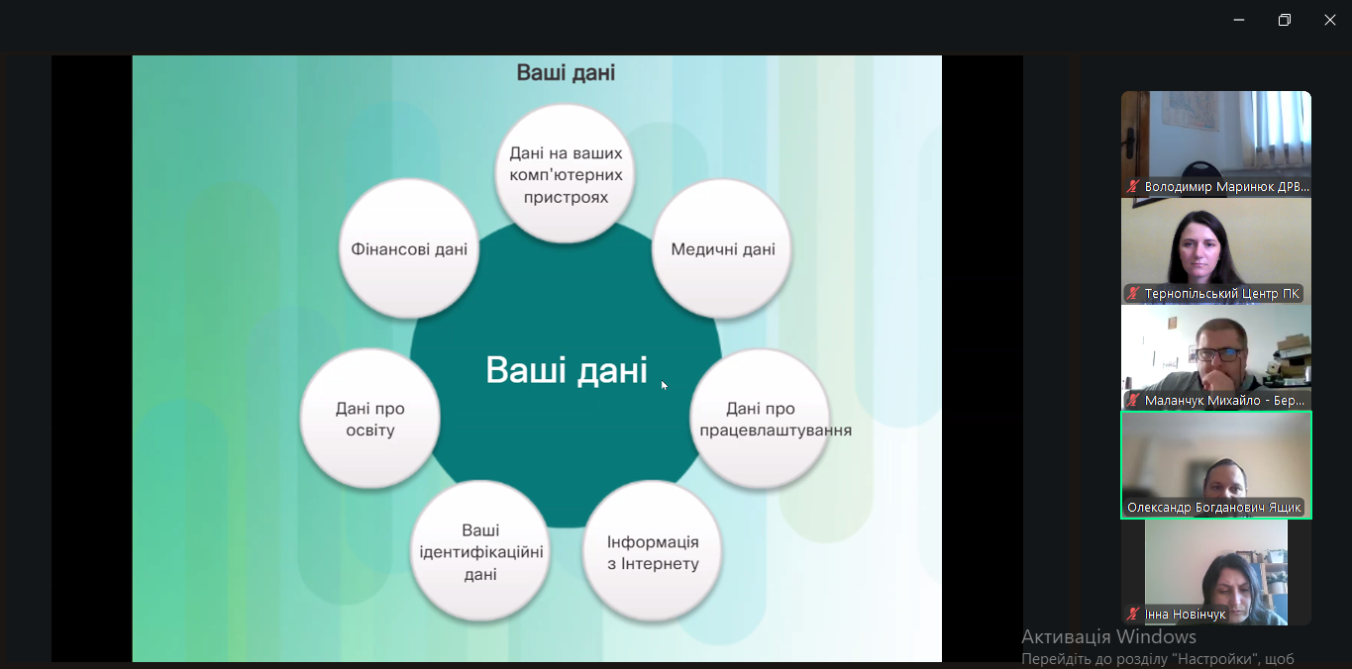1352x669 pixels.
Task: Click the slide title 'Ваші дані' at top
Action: pos(566,73)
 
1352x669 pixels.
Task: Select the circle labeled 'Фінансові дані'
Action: pos(409,248)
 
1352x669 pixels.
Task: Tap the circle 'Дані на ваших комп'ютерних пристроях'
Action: pos(566,174)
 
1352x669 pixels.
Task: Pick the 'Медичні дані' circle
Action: pos(722,248)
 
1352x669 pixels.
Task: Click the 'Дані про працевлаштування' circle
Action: pos(760,419)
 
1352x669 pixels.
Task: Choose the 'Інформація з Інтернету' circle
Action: pos(653,552)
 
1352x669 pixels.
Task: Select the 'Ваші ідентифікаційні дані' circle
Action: pos(480,552)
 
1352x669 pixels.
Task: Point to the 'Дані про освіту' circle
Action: pos(370,419)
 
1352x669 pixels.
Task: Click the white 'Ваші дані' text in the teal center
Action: pos(566,370)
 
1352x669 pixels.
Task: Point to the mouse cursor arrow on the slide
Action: pos(664,384)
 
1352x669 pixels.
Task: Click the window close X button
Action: pos(1330,20)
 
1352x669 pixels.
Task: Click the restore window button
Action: pos(1285,20)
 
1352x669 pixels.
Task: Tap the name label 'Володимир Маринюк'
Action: pos(1226,186)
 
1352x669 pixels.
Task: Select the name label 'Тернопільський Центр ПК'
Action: pos(1221,294)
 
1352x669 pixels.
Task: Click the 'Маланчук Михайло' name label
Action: pos(1224,401)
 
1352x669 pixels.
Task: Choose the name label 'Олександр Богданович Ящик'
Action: pos(1214,508)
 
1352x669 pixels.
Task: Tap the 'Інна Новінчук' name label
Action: pos(1185,615)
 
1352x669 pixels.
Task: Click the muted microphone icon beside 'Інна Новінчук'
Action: pos(1133,615)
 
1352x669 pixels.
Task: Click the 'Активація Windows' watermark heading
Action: pos(1108,636)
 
